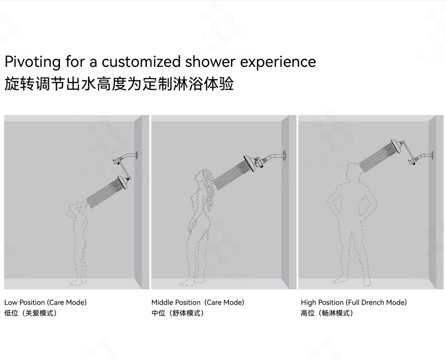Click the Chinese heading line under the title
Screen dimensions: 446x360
pyautogui.click(x=119, y=84)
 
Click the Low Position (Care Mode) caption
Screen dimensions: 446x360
pyautogui.click(x=45, y=302)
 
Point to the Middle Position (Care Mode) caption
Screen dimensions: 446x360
pyautogui.click(x=197, y=302)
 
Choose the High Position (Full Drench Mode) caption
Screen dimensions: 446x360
pyautogui.click(x=354, y=302)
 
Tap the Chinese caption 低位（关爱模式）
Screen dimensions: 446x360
pyautogui.click(x=31, y=313)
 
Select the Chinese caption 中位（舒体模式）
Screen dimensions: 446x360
pyautogui.click(x=178, y=313)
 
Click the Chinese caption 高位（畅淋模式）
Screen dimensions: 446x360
pyautogui.click(x=327, y=313)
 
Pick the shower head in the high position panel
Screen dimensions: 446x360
pyautogui.click(x=396, y=147)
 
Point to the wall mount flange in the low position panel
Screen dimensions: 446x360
pyautogui.click(x=137, y=155)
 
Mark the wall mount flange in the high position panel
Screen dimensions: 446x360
pyautogui.click(x=432, y=155)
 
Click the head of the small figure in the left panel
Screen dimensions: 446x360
pyautogui.click(x=80, y=207)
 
